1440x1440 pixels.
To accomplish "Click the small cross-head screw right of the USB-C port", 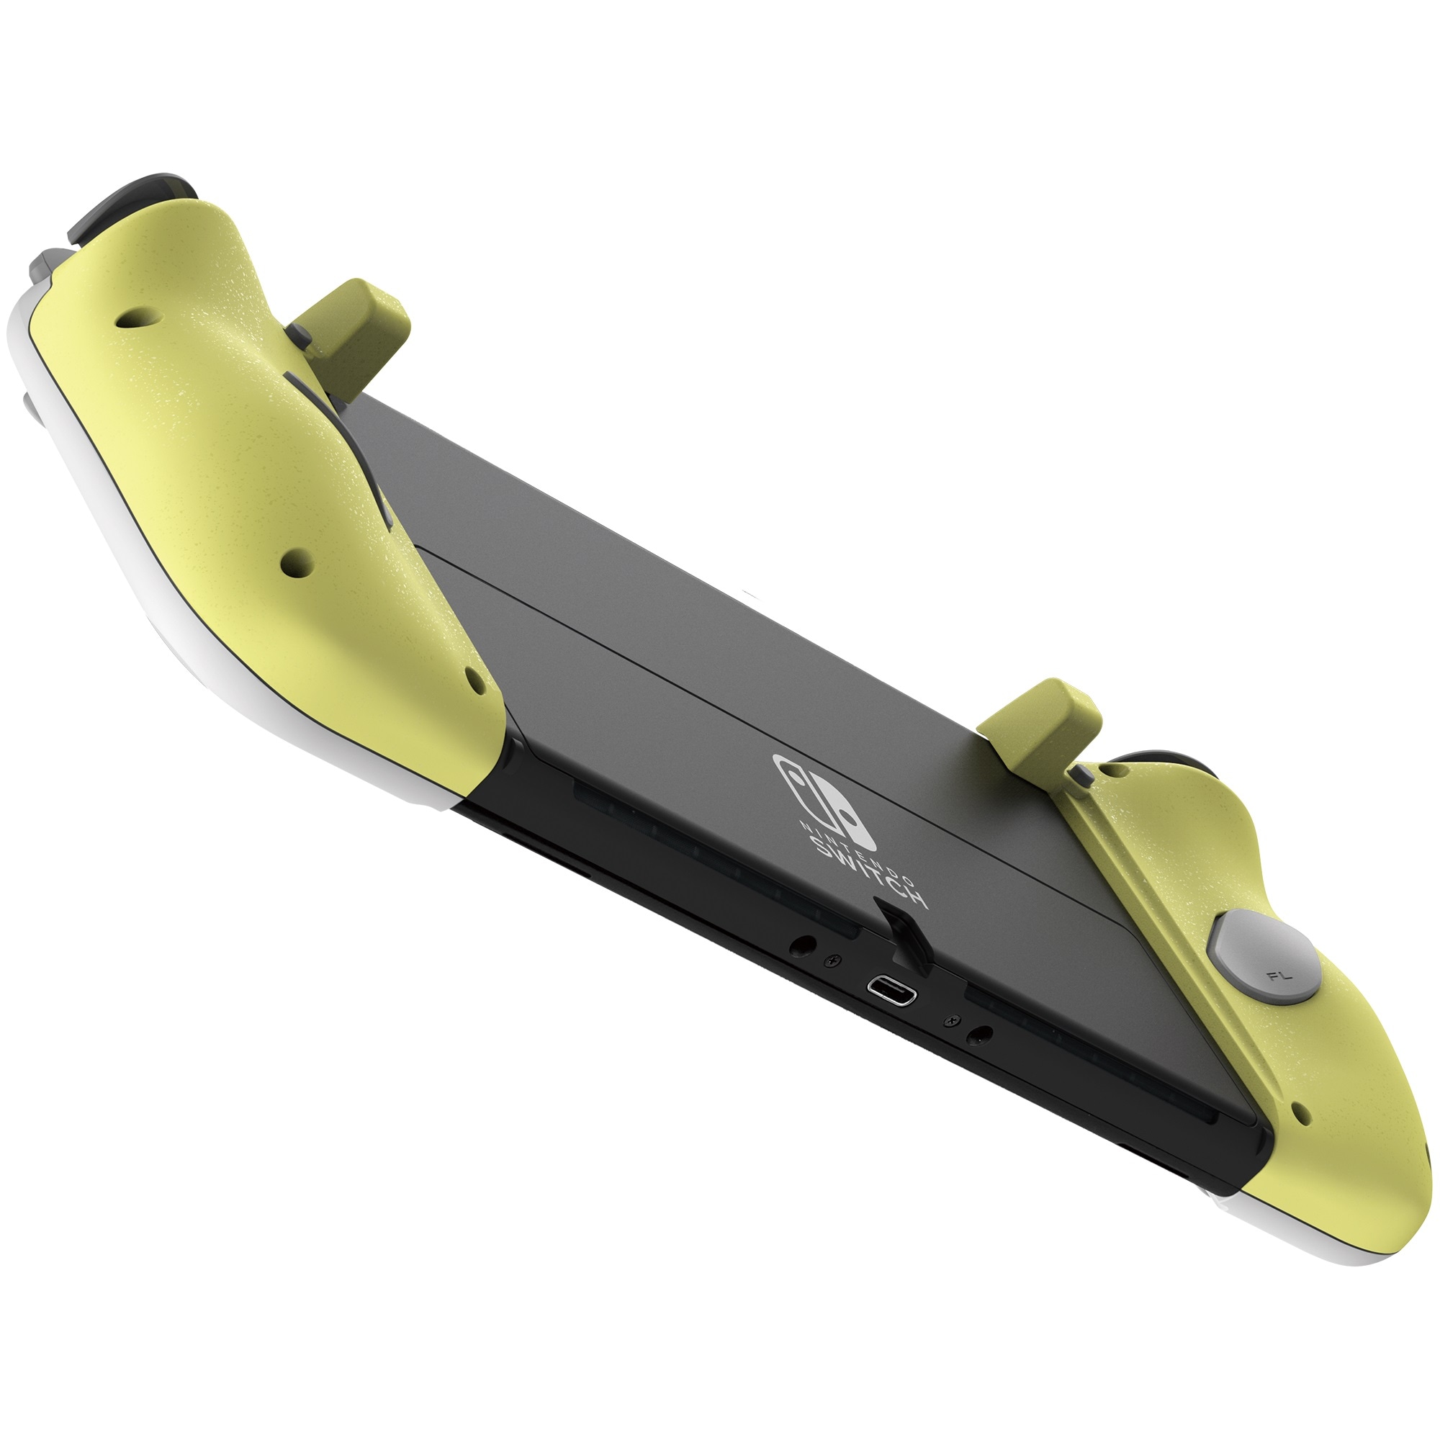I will click(x=950, y=1021).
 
